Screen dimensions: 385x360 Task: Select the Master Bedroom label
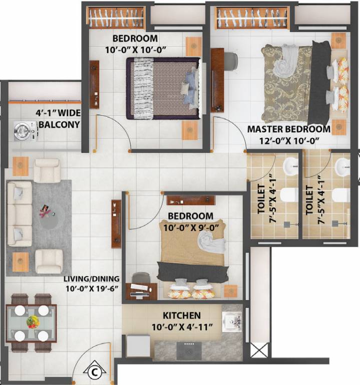tap(289, 129)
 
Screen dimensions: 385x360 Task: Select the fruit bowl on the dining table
tap(32, 322)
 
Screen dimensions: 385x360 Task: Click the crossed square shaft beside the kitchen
tap(259, 349)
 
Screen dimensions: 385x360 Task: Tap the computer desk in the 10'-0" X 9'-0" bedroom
tap(141, 291)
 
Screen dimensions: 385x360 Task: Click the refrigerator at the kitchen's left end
tap(137, 345)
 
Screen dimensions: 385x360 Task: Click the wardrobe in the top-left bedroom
tap(116, 17)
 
